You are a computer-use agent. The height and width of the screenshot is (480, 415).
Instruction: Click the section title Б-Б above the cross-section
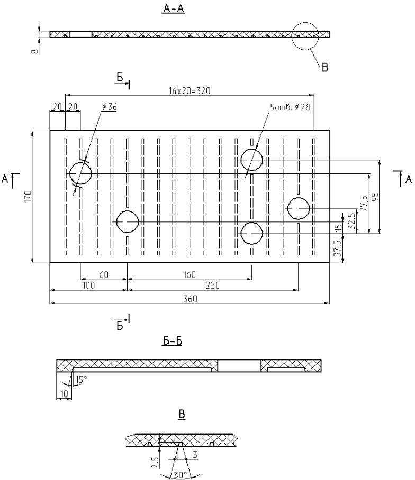click(x=172, y=341)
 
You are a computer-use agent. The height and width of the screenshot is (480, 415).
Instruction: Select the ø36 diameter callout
click(x=110, y=107)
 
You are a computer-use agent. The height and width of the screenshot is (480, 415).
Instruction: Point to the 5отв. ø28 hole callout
click(x=289, y=107)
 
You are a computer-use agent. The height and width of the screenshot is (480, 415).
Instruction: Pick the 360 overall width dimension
click(x=190, y=299)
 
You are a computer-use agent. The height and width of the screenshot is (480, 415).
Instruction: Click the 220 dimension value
click(x=213, y=285)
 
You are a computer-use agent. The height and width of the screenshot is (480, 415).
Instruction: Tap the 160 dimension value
click(x=189, y=274)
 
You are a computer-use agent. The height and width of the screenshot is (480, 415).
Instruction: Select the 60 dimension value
click(x=104, y=274)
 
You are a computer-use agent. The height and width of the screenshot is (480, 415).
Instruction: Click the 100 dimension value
click(x=89, y=285)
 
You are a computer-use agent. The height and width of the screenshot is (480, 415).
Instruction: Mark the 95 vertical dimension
click(x=375, y=197)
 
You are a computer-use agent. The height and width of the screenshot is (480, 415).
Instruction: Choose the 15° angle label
click(x=80, y=379)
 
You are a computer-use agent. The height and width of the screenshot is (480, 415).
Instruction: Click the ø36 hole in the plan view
click(x=81, y=173)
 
